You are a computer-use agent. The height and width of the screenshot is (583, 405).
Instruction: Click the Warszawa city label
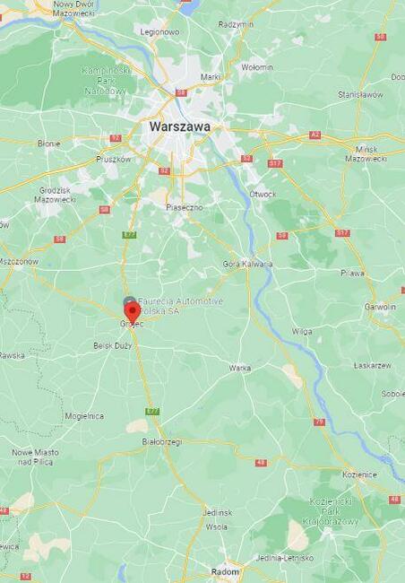pos(180,126)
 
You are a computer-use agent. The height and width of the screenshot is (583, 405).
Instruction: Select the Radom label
pos(225,571)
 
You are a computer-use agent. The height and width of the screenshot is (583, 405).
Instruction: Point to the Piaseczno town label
pos(184,206)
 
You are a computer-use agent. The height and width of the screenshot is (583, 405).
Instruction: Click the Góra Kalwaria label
pos(246,264)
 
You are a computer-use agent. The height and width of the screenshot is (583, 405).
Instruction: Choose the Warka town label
pos(239,368)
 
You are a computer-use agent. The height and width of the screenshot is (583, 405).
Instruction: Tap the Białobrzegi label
pos(161,441)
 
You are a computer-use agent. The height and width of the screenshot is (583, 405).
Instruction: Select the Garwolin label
pos(380,306)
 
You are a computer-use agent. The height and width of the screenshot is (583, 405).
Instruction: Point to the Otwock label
pos(263,193)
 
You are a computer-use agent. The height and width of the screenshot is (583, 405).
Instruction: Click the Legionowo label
pos(160,31)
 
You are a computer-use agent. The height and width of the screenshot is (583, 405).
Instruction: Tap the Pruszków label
pos(114,159)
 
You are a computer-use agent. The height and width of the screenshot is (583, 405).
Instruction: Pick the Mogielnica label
pos(84,416)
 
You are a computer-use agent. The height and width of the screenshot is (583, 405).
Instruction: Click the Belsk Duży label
pos(112,345)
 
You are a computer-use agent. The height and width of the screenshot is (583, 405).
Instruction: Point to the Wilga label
pos(302,331)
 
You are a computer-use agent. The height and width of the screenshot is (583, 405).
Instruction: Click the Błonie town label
pos(48,143)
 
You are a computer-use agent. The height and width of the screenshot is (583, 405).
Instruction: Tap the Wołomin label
pos(257,66)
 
